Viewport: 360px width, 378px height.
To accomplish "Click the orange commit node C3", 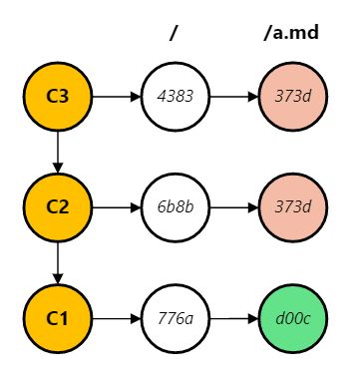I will click(57, 97).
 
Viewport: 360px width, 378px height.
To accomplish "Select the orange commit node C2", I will click(57, 207).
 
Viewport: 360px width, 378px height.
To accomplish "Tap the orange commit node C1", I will click(57, 319).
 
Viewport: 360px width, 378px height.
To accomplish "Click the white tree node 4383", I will click(174, 97).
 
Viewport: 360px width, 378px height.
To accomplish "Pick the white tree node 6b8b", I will click(174, 207).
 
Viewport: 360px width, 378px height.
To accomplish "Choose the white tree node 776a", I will click(174, 319).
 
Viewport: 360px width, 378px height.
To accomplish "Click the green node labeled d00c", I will click(293, 319).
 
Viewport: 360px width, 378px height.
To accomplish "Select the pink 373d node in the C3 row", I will click(293, 97).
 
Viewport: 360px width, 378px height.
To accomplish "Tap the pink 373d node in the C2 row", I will click(293, 207).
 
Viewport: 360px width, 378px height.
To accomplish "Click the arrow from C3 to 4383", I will click(115, 97).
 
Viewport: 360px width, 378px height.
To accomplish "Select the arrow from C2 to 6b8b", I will click(115, 207).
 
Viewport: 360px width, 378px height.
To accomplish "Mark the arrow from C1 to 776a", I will click(115, 319).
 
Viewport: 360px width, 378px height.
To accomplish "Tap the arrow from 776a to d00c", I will click(233, 319).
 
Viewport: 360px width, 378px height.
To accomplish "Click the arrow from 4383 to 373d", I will click(233, 97).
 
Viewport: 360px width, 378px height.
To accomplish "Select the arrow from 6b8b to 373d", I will click(233, 207).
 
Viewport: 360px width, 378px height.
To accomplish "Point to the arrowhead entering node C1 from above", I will click(57, 279).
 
